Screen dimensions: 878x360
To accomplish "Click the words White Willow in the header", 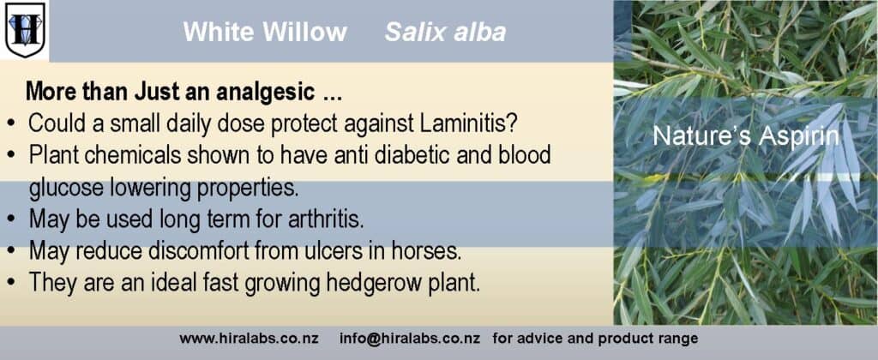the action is pos(265,32).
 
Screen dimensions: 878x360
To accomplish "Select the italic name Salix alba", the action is pos(446,32).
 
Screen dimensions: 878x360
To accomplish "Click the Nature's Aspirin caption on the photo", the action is pos(746,136).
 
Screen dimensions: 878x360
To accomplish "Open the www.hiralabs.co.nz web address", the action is pos(250,339).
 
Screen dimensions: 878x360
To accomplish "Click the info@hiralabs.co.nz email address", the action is pos(409,339).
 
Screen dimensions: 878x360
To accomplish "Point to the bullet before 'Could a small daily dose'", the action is pos(11,124).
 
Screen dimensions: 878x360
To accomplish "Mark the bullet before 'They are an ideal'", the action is pos(11,282).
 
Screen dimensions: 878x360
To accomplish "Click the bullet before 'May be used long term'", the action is pos(11,219).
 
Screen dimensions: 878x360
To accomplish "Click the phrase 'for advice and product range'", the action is pos(595,339).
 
